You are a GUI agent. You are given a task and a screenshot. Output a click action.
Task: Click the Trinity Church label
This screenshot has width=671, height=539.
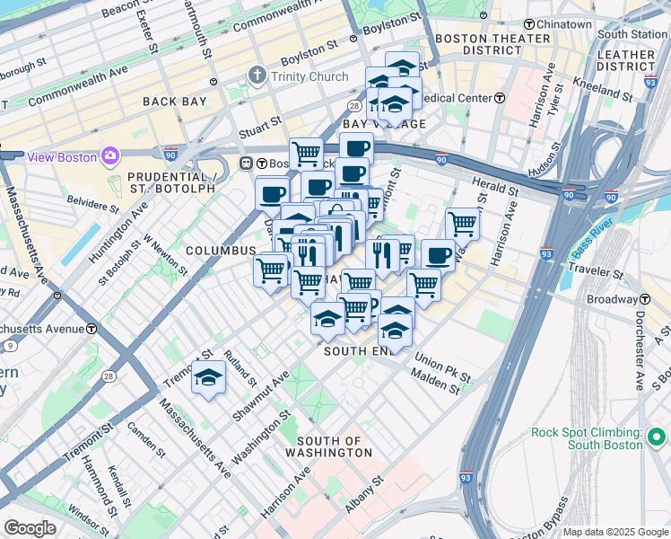(x=309, y=76)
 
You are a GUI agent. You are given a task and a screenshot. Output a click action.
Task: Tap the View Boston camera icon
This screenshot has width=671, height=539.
(x=110, y=156)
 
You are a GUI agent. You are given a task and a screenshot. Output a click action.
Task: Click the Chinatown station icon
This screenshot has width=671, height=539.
(x=530, y=24)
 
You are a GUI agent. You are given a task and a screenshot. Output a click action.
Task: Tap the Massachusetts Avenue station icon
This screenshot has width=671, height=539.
(x=91, y=328)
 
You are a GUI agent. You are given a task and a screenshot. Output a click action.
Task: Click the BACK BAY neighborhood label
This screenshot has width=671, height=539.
(x=176, y=102)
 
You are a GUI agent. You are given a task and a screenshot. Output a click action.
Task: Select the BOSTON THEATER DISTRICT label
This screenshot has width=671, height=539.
(x=492, y=45)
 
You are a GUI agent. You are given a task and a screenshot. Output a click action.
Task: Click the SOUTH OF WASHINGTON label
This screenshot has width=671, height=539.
(x=334, y=446)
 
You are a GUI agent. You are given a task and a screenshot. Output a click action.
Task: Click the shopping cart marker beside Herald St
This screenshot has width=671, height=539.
(x=462, y=223)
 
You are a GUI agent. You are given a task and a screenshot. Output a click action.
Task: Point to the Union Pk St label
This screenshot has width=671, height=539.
(x=442, y=372)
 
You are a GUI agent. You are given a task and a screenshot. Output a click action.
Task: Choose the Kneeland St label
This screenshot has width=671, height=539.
(x=597, y=92)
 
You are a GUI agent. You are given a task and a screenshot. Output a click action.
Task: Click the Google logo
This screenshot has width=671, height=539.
(x=30, y=527)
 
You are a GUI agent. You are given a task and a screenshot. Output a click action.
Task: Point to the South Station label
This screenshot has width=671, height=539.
(x=633, y=34)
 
